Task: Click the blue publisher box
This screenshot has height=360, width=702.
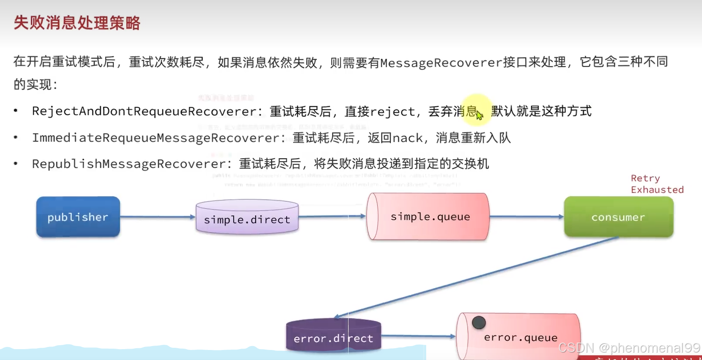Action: pyautogui.click(x=78, y=217)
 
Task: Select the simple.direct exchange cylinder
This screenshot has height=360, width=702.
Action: pyautogui.click(x=247, y=217)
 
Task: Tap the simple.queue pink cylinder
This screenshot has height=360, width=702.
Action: pyautogui.click(x=429, y=217)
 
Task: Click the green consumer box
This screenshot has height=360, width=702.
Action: pyautogui.click(x=618, y=217)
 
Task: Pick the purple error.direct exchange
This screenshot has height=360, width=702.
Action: pyautogui.click(x=333, y=336)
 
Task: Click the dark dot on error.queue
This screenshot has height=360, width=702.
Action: pyautogui.click(x=478, y=323)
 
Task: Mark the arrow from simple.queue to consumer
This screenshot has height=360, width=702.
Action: pyautogui.click(x=526, y=216)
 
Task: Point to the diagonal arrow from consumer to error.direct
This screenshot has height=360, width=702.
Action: pyautogui.click(x=475, y=277)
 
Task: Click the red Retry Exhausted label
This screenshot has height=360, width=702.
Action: pyautogui.click(x=657, y=184)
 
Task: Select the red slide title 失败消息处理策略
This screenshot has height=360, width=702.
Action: pyautogui.click(x=77, y=23)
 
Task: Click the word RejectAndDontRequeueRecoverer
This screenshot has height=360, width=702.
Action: pyautogui.click(x=144, y=111)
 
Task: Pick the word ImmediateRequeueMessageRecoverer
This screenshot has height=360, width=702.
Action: pyautogui.click(x=156, y=138)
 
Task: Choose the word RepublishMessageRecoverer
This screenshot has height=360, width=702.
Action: pyautogui.click(x=129, y=164)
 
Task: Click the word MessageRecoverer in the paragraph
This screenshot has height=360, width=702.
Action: pyautogui.click(x=441, y=63)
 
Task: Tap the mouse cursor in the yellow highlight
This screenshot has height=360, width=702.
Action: pyautogui.click(x=479, y=115)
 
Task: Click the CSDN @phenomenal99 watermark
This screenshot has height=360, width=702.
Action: pyautogui.click(x=629, y=348)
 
